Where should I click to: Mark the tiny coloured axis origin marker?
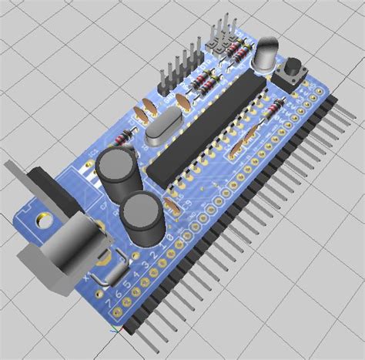click(x=115, y=330)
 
